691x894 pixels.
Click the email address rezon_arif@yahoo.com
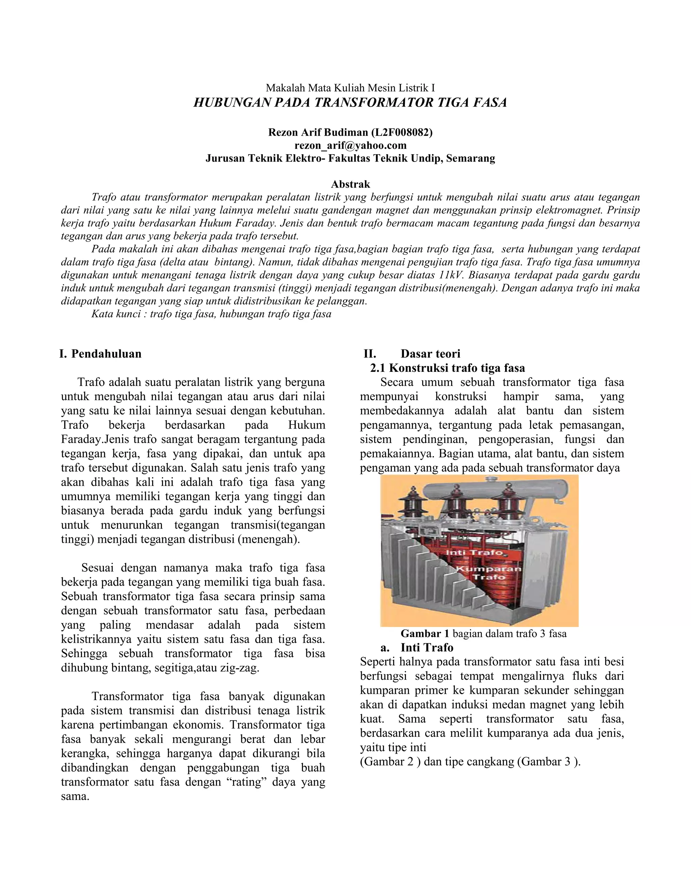(351, 145)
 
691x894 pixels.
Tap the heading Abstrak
(351, 184)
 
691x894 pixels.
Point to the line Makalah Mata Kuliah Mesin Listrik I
(351, 88)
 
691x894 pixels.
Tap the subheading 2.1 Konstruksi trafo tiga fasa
(447, 368)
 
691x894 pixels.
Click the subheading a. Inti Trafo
(417, 648)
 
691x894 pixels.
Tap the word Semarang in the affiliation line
(470, 159)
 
